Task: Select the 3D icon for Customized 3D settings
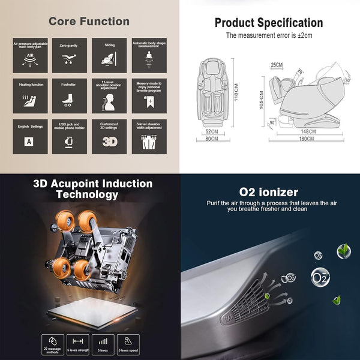(x=109, y=142)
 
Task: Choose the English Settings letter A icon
(x=28, y=142)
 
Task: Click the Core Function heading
(x=89, y=22)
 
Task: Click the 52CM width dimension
(x=211, y=131)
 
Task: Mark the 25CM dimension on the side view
(x=277, y=65)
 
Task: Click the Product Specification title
(x=269, y=23)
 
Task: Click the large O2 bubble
(x=319, y=277)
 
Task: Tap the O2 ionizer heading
(x=268, y=192)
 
